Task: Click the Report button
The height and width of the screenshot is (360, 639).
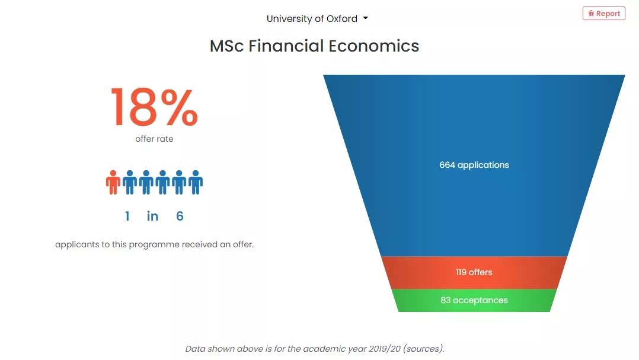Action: (603, 14)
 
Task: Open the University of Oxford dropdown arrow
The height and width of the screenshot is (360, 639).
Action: (366, 18)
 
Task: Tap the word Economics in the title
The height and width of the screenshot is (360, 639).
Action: (373, 46)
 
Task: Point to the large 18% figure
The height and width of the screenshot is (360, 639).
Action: (154, 107)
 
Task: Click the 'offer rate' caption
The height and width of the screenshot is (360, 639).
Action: (154, 139)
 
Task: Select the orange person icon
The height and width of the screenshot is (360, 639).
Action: (113, 182)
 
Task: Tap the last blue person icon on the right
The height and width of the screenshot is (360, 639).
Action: (196, 182)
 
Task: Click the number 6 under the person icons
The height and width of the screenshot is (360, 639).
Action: (180, 216)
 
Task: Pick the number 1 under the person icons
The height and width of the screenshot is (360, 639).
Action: (127, 216)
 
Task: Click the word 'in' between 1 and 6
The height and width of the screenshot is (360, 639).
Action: (152, 216)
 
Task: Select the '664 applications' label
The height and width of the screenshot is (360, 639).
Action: (474, 165)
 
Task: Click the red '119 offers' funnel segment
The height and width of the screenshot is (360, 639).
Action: (474, 272)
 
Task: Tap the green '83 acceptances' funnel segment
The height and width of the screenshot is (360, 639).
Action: (474, 301)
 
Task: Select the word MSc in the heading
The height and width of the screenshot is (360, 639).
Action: (227, 46)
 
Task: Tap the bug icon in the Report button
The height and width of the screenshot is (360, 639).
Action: (591, 14)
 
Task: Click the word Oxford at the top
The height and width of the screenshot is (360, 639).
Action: (341, 19)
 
